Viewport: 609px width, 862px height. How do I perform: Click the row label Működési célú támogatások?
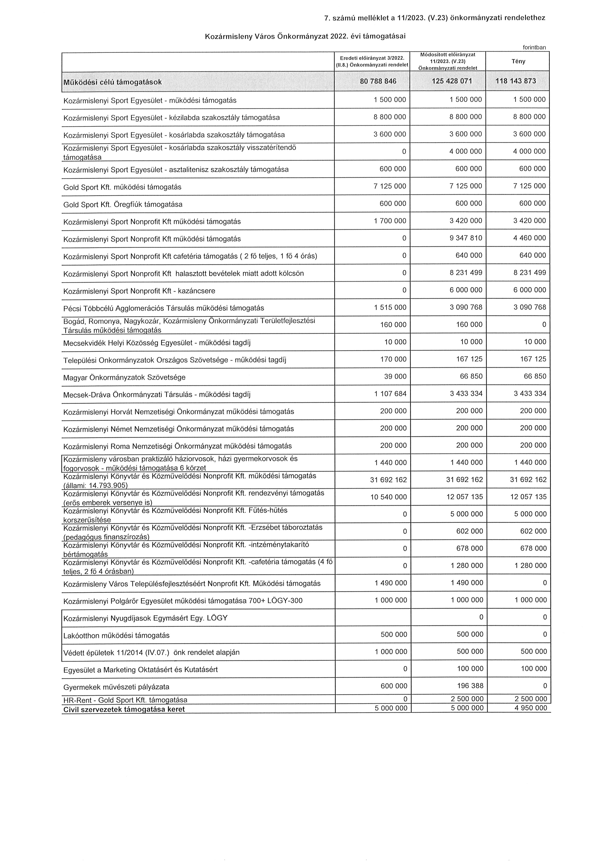pyautogui.click(x=112, y=82)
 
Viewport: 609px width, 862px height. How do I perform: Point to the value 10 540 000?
pyautogui.click(x=388, y=497)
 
